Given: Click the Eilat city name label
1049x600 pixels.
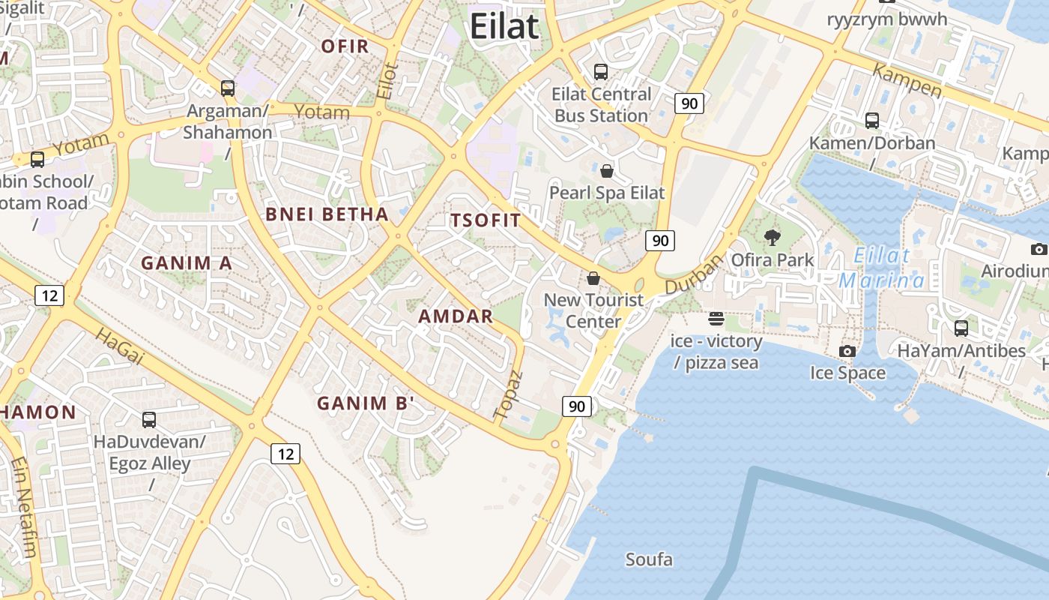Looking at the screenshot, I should [504, 27].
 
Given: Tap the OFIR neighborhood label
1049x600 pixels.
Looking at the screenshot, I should [345, 46].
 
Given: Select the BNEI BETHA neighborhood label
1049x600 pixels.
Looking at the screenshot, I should [327, 214].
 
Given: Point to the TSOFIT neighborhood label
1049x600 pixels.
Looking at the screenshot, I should [486, 220].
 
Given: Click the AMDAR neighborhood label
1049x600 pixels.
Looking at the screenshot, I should [456, 316].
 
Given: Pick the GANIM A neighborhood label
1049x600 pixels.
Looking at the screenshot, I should [187, 263].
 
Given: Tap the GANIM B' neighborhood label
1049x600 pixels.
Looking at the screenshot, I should [366, 403].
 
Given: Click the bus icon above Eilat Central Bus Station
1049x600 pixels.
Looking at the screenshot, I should [601, 72].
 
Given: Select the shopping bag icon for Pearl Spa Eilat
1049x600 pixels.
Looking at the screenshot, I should [607, 171].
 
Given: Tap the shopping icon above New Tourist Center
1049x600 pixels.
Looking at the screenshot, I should [593, 278].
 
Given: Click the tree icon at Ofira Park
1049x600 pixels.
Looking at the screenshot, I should [772, 238].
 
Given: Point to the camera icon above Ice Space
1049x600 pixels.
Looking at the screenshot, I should [847, 351].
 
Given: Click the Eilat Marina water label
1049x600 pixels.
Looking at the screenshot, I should [883, 268].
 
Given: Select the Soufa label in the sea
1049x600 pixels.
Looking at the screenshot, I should [649, 559].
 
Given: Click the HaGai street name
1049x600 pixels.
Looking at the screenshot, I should [120, 346].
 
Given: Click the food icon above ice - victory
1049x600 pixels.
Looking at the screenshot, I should [716, 319].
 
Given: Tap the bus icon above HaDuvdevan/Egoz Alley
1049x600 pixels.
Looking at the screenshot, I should [149, 420].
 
